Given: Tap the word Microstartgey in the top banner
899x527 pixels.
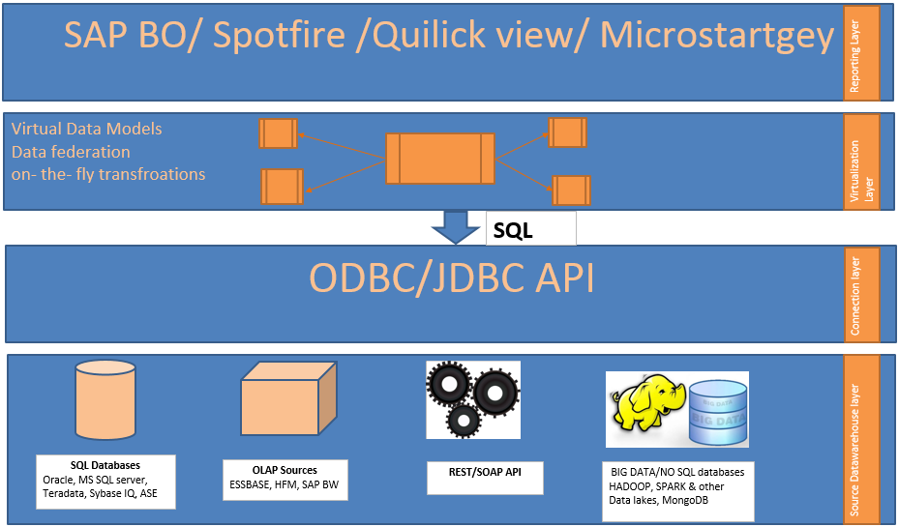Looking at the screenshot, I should (716, 37).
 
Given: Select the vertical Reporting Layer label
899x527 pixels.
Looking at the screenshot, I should (861, 53).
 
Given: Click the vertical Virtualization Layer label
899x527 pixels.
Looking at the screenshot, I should (861, 161).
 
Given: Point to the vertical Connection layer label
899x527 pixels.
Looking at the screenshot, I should (861, 294).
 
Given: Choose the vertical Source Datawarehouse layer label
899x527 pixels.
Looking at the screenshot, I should (861, 439).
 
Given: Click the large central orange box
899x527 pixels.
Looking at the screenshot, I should (439, 159).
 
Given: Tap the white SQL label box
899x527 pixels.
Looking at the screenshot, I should (529, 228).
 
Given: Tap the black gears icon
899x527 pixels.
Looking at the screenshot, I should (472, 396).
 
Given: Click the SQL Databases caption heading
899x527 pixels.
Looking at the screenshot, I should (106, 466).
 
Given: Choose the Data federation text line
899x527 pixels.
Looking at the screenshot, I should (71, 152).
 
